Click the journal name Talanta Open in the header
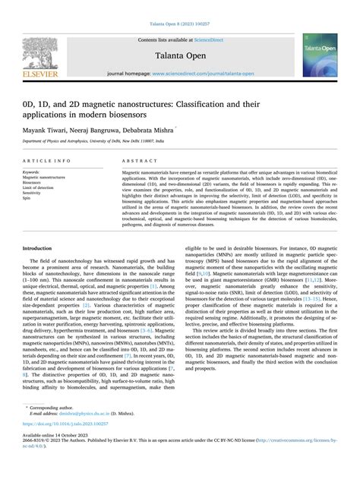[x=181, y=55]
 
